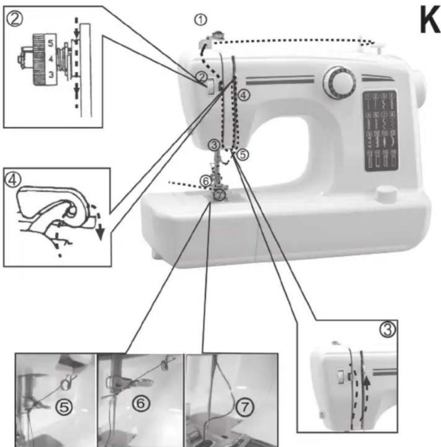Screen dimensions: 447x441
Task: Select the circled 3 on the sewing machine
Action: pos(214,145)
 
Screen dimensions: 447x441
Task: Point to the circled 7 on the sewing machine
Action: pos(220,195)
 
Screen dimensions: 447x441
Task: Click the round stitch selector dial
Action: pos(339,82)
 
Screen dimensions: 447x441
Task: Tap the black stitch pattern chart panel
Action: pos(380,130)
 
